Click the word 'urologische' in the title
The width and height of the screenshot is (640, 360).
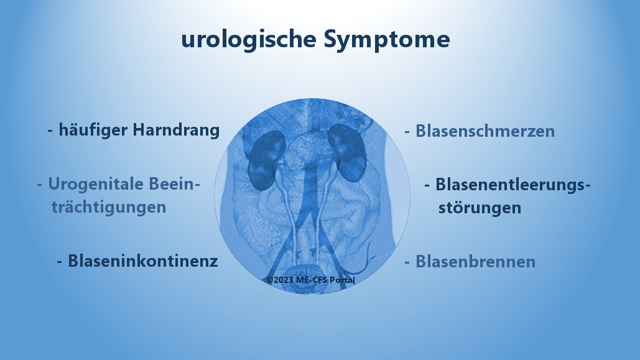coord(249,39)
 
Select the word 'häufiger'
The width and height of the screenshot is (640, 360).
coord(88,130)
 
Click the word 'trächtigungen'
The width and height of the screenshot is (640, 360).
coord(109,206)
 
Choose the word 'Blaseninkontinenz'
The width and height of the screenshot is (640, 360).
coord(143,261)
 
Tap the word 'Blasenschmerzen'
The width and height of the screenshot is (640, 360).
coord(485,131)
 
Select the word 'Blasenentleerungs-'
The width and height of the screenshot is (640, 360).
coord(512,185)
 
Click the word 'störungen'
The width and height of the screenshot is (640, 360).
coord(480,207)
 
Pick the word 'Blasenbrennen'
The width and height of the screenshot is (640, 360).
coord(475,262)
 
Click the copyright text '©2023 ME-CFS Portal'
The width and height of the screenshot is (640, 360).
coord(311,280)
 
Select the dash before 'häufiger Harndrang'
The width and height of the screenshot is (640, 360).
coord(50,131)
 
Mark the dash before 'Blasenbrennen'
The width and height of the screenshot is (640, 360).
coord(407,262)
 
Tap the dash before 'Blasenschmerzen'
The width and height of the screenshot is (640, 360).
coord(407,132)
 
